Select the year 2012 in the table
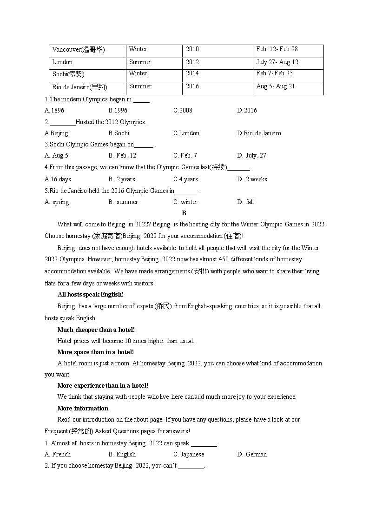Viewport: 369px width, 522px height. point(192,62)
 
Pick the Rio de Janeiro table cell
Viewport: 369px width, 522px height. point(79,86)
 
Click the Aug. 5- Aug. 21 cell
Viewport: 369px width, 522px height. point(276,86)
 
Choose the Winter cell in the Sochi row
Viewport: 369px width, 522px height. point(138,73)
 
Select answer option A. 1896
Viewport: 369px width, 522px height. point(54,111)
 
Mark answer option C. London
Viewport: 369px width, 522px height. point(186,133)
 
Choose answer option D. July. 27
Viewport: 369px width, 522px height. point(251,156)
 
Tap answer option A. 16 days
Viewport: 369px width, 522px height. point(58,179)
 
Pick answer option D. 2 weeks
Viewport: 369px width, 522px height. point(252,179)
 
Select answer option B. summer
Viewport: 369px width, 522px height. point(123,202)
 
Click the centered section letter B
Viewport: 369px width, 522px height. point(184,213)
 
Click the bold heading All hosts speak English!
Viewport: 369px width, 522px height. point(91,295)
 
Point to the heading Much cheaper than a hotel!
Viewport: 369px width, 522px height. point(96,330)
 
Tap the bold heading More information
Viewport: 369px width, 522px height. point(83,409)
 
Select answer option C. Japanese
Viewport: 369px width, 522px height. point(189,455)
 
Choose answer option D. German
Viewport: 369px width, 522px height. point(252,455)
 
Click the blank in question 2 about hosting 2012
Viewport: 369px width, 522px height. point(62,122)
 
